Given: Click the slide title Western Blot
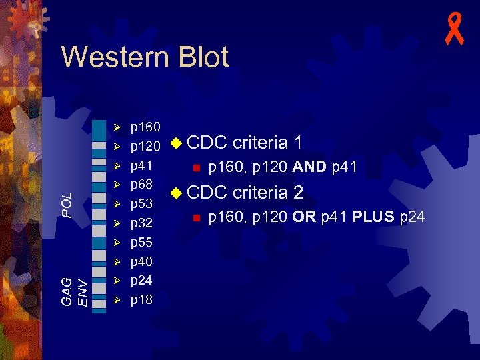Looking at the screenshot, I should pyautogui.click(x=145, y=57).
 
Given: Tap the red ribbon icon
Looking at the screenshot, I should pyautogui.click(x=455, y=31).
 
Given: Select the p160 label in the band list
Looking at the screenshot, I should pyautogui.click(x=145, y=126).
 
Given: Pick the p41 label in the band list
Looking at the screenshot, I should pyautogui.click(x=141, y=165).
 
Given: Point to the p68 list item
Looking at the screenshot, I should pyautogui.click(x=141, y=183).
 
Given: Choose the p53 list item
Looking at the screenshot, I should pyautogui.click(x=141, y=203).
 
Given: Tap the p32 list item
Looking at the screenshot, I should pyautogui.click(x=141, y=223).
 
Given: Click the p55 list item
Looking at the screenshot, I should pyautogui.click(x=141, y=241).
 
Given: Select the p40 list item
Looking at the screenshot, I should pyautogui.click(x=141, y=261).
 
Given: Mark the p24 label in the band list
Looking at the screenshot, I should pyautogui.click(x=141, y=280).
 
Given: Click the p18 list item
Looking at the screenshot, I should pyautogui.click(x=141, y=300).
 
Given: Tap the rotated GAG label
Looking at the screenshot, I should pyautogui.click(x=67, y=292).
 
